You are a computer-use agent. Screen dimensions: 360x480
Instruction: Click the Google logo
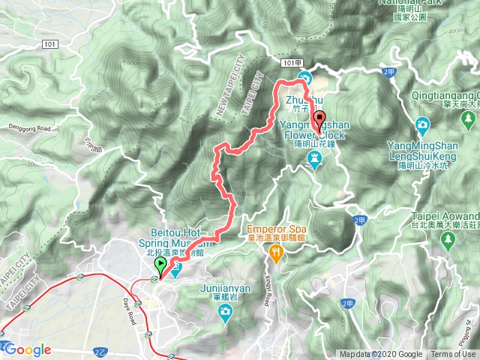28,349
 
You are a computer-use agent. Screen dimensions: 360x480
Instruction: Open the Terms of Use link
453,355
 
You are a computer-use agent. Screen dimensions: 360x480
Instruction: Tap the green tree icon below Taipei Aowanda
448,240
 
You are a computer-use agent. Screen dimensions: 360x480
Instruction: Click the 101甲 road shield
293,64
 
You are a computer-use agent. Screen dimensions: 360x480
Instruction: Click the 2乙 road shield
97,350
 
